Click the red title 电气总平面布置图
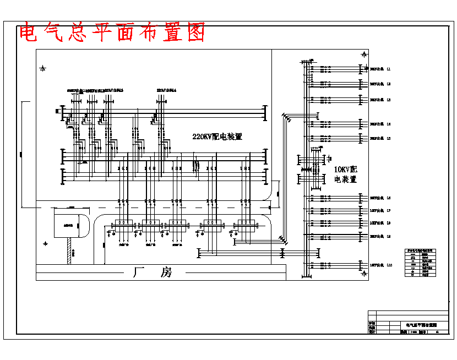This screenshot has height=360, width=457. click(112, 33)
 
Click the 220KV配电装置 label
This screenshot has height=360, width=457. click(217, 137)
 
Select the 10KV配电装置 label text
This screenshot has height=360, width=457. click(346, 174)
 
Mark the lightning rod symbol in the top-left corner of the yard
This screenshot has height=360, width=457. click(43, 69)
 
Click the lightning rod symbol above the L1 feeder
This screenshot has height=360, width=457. click(363, 54)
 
